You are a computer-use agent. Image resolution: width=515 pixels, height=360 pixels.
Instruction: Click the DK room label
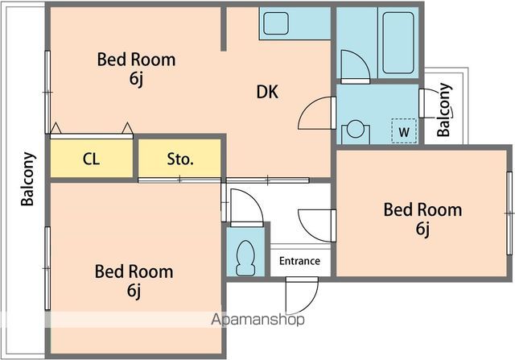coord(267,92)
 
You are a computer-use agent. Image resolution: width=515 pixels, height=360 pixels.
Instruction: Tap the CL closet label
coord(91,159)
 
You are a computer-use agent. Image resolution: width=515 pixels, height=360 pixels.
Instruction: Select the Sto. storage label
coord(180,159)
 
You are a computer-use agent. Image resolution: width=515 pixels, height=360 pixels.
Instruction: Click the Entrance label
coord(299,261)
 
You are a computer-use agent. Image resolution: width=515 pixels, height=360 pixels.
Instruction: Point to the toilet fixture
coord(245,259)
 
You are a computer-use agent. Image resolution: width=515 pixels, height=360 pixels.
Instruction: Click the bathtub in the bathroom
coord(398,43)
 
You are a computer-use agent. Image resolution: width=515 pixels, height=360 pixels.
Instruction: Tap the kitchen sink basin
coord(276,23)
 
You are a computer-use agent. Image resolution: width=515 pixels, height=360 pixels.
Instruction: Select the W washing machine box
coord(404,130)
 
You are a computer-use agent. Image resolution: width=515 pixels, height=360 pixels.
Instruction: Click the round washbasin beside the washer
coord(356,129)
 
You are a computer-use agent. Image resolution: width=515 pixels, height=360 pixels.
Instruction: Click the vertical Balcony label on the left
coord(27,179)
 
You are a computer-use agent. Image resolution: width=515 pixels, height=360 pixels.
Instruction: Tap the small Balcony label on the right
coord(444,110)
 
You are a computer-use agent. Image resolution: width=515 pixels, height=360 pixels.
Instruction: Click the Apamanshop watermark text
coord(257,319)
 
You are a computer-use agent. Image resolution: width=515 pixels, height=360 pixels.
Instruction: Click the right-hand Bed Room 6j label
coord(422,219)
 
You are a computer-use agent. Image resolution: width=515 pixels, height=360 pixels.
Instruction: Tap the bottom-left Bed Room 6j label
coord(134,281)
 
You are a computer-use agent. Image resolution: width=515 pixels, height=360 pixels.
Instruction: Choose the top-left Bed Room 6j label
coord(136,69)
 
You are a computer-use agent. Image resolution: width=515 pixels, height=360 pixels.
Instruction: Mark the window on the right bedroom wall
coord(509,213)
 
